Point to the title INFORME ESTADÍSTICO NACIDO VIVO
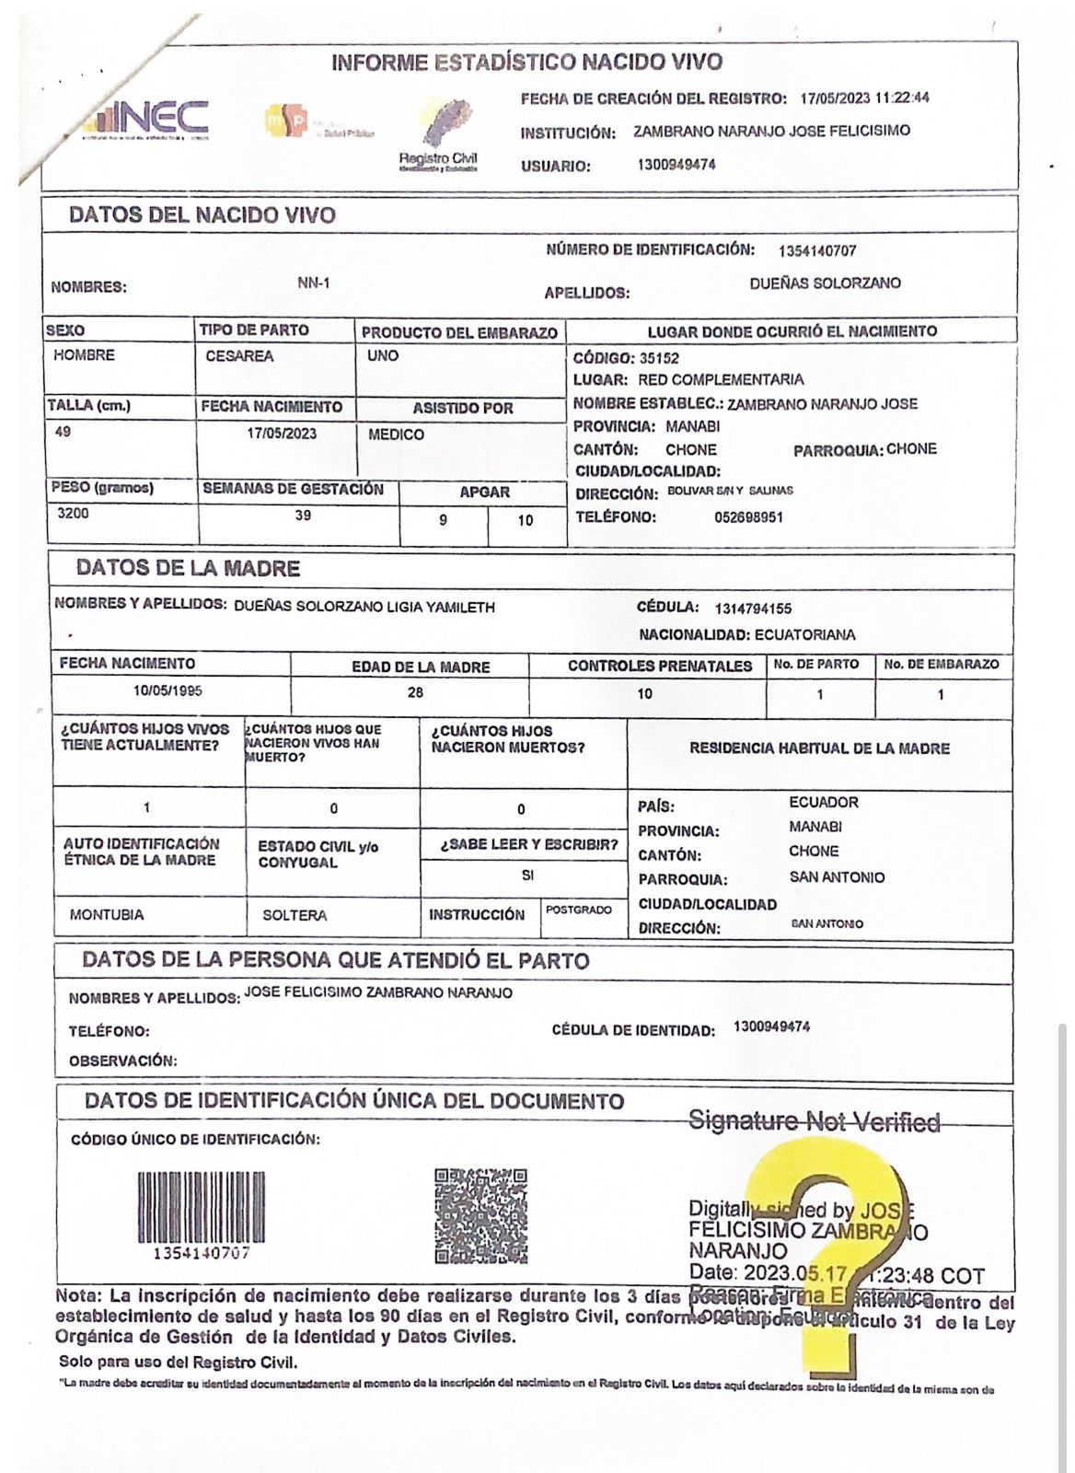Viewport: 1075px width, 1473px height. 526,63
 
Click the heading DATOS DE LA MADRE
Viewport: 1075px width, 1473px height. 188,568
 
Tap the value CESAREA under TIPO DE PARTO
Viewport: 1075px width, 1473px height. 239,356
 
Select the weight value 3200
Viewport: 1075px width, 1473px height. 73,514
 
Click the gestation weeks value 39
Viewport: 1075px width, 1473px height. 303,516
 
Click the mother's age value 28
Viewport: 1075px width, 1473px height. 415,692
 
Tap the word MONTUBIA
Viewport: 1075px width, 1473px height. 107,915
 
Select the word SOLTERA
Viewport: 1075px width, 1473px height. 295,916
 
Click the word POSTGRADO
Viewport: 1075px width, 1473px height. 579,910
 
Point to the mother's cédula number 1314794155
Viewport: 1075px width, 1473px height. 752,609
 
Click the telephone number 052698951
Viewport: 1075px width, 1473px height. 748,517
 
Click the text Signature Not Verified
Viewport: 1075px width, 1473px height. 815,1121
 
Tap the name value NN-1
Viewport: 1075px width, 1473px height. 313,284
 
